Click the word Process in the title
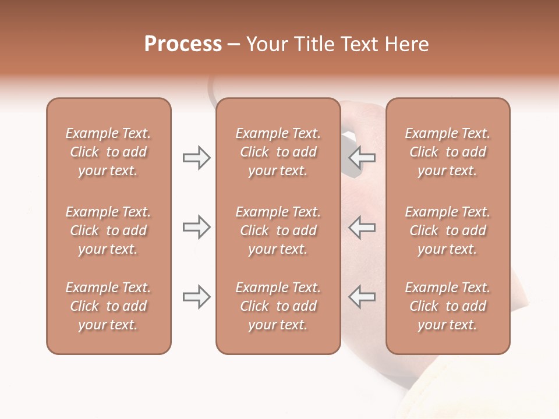click(x=183, y=44)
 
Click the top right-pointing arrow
click(x=197, y=158)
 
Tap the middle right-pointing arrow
click(x=197, y=227)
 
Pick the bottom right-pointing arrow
click(x=197, y=297)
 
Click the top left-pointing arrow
click(x=362, y=158)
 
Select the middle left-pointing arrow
click(x=362, y=227)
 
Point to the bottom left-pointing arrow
click(x=362, y=297)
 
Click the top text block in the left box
click(x=108, y=152)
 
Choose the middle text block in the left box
click(x=108, y=230)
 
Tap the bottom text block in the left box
click(x=108, y=306)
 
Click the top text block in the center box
click(x=278, y=152)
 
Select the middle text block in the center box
click(x=278, y=230)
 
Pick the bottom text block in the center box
click(x=278, y=306)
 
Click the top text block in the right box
click(x=447, y=152)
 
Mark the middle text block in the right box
click(x=447, y=230)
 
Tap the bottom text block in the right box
click(x=447, y=306)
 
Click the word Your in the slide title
click(x=267, y=44)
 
